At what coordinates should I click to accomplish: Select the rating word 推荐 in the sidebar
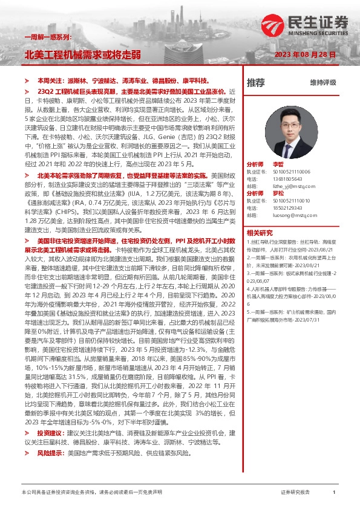tap(255, 82)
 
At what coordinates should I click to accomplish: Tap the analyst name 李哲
tap(278, 164)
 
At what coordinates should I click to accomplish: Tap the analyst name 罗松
tap(278, 192)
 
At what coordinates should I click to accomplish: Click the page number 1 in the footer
tap(334, 493)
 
